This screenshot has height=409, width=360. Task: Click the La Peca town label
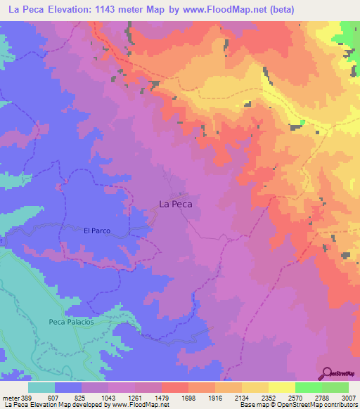(x=176, y=204)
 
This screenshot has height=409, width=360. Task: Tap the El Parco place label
(x=97, y=230)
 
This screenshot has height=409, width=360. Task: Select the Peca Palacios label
(x=71, y=321)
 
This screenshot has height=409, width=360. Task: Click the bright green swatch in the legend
(x=308, y=387)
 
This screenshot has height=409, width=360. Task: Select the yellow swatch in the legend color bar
(x=281, y=387)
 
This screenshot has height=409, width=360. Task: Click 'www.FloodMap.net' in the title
(x=214, y=9)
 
